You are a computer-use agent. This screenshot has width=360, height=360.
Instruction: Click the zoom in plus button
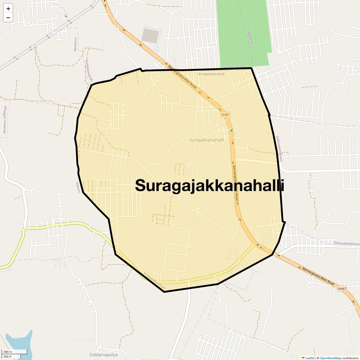(8, 9)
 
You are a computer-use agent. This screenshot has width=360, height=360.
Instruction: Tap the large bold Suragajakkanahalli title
(209, 185)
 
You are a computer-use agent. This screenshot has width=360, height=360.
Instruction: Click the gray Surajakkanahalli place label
(207, 140)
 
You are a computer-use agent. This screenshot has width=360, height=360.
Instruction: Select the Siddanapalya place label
(103, 355)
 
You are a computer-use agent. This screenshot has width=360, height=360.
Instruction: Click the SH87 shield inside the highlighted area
(225, 115)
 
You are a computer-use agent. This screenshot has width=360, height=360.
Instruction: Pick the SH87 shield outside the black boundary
(342, 289)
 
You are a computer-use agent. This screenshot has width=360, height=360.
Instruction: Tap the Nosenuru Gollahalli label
(4, 120)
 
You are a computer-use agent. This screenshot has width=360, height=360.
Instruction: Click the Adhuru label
(78, 187)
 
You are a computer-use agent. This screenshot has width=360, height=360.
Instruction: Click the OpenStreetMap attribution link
(331, 358)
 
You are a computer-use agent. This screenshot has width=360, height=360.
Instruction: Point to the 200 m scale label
(8, 352)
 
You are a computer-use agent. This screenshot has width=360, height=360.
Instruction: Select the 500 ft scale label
(7, 356)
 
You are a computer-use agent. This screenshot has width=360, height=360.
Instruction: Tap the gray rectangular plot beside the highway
(151, 35)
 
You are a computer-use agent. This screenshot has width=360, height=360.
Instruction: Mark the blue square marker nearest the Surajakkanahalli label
(232, 130)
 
